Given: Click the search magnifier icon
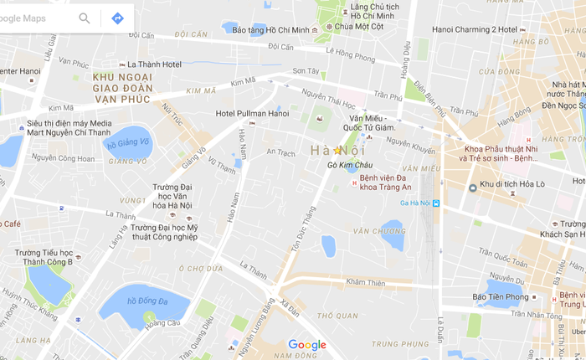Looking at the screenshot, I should pos(85,18).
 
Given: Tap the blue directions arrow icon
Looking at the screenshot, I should pos(117,18).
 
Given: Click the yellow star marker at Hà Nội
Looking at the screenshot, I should pos(337,150).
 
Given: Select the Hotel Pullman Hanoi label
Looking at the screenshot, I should pos(252,113).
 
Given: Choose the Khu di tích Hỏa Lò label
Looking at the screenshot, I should pos(511,185).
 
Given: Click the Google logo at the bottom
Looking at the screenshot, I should pos(306,345).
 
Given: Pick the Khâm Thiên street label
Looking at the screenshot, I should pos(365,283).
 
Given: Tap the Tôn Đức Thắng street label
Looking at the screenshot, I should pos(295,240).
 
